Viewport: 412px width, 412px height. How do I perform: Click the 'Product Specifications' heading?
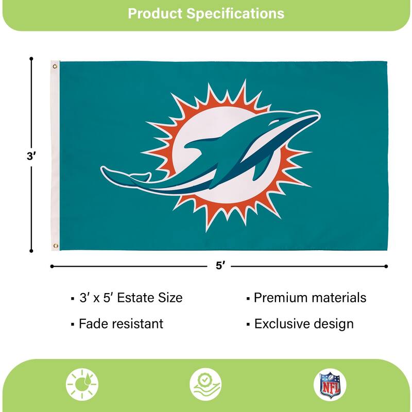[x=206, y=13]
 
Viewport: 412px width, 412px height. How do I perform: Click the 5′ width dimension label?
[x=220, y=266]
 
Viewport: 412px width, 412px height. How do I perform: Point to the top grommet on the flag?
[x=55, y=65]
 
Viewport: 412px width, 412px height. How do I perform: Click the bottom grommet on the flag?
[x=55, y=246]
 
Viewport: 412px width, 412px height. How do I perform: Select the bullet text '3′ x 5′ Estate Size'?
[x=130, y=298]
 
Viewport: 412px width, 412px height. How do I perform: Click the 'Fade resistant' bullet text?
[x=121, y=324]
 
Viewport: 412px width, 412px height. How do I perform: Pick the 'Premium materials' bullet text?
[x=310, y=298]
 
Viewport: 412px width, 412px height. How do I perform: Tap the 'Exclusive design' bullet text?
[x=304, y=324]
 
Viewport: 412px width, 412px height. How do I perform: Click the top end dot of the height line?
[x=31, y=58]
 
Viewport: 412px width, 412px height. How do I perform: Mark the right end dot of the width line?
[x=386, y=266]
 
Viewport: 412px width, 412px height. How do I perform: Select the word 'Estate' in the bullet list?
[x=135, y=298]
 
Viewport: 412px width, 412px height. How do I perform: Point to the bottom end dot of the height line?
[x=31, y=251]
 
